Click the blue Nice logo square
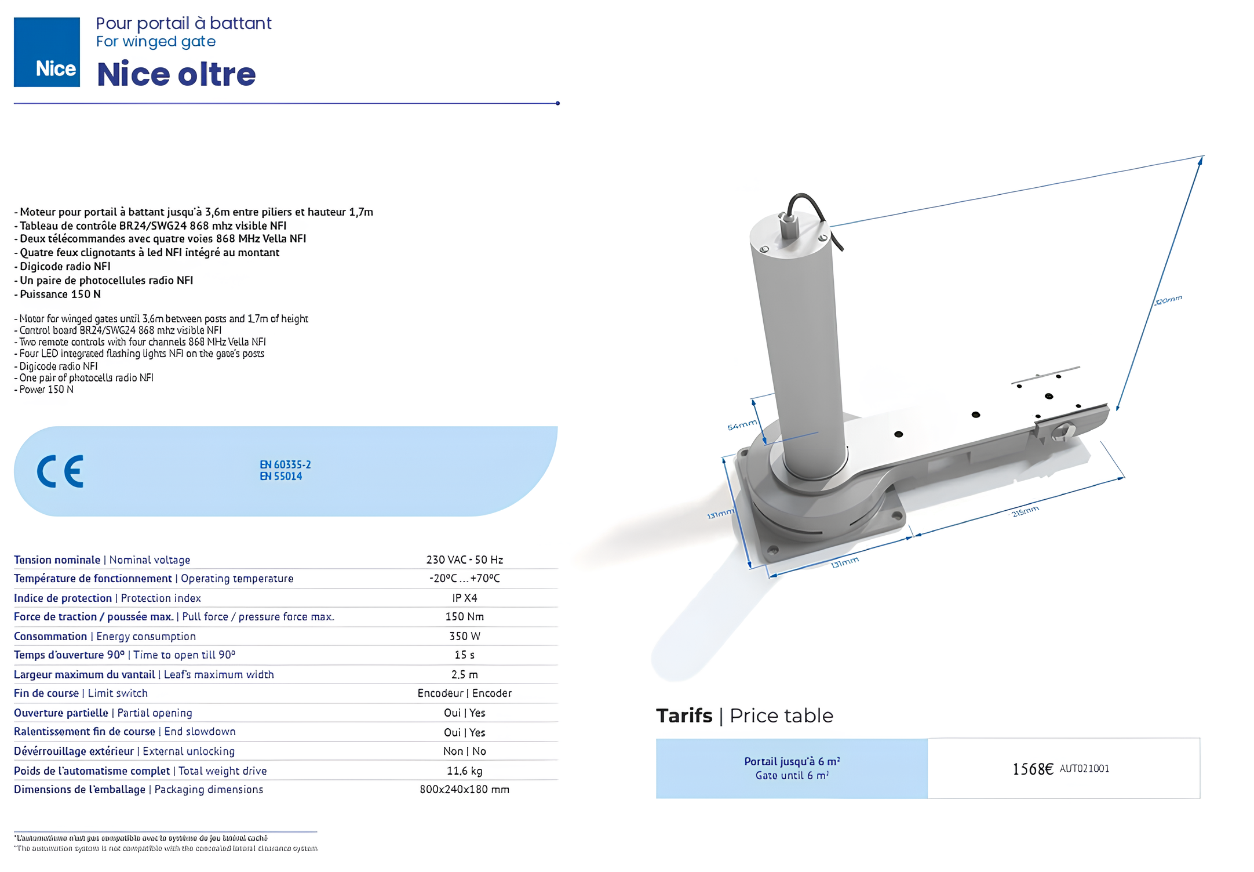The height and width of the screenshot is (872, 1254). (46, 52)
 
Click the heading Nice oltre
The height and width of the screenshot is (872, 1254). (176, 74)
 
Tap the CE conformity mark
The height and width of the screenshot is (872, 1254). (60, 471)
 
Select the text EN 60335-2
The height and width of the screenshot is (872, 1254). (285, 464)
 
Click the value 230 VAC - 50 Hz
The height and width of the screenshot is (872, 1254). (464, 559)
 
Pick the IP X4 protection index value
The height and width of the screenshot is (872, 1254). (464, 598)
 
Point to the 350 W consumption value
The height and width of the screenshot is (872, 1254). (464, 636)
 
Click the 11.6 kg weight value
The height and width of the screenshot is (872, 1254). (464, 771)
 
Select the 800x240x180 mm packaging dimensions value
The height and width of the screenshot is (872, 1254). (464, 789)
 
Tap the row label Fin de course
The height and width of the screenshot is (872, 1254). (46, 693)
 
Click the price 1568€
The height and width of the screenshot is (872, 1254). (1032, 769)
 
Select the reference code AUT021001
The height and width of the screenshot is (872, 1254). (1084, 768)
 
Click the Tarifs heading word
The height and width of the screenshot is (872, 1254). (684, 715)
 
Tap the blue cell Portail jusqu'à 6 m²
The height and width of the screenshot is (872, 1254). (792, 768)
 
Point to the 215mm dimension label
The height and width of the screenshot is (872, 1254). (1025, 511)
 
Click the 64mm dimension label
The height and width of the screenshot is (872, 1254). (742, 425)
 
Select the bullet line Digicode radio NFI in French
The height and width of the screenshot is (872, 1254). (65, 266)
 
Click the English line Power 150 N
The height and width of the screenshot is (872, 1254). (46, 389)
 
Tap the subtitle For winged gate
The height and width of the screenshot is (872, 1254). (155, 42)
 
